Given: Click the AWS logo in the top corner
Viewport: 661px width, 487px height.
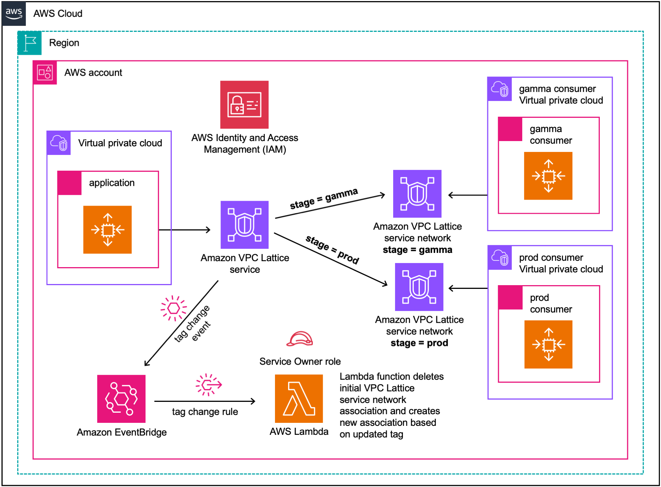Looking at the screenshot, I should click(x=14, y=14).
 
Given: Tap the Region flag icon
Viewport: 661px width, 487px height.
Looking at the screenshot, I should click(x=30, y=43).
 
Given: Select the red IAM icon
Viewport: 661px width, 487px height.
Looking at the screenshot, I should click(x=244, y=105).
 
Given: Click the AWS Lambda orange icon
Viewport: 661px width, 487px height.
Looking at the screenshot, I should click(x=299, y=398).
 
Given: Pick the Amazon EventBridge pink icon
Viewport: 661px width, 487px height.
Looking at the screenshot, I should click(x=121, y=398).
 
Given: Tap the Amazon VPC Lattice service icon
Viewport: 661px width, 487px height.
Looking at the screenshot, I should click(x=244, y=225).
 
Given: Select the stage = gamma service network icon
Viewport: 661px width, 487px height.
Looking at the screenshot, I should click(x=417, y=194).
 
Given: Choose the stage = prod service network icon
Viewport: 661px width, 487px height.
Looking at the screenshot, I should click(x=419, y=287).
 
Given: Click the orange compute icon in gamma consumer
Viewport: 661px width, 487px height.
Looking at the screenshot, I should click(x=548, y=176).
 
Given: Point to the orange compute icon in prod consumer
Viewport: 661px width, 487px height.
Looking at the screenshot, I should click(x=548, y=344).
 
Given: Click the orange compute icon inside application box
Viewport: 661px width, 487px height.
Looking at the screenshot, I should click(x=107, y=230).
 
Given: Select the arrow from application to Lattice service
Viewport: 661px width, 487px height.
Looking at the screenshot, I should click(x=185, y=230).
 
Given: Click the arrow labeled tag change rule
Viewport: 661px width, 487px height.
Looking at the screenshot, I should click(x=205, y=401).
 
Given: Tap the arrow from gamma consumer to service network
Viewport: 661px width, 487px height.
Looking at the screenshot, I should click(x=468, y=195).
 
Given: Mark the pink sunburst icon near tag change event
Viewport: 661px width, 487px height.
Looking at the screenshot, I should click(x=173, y=308).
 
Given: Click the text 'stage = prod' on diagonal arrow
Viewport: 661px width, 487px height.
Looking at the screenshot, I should click(x=332, y=250).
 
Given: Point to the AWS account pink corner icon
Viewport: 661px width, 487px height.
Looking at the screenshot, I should click(x=45, y=72).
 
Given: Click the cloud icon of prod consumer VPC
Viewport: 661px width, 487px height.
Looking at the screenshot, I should click(x=500, y=258).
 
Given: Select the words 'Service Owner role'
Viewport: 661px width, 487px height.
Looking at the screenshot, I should click(x=300, y=361).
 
